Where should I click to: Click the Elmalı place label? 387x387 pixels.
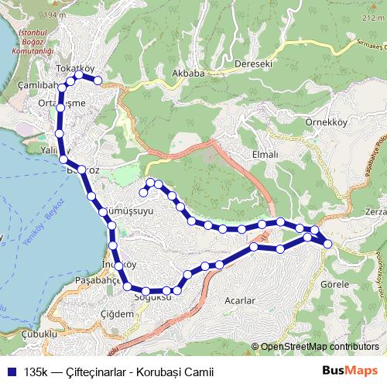[265, 154]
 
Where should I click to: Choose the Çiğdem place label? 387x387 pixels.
[117, 313]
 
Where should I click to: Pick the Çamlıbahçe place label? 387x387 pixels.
[31, 84]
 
